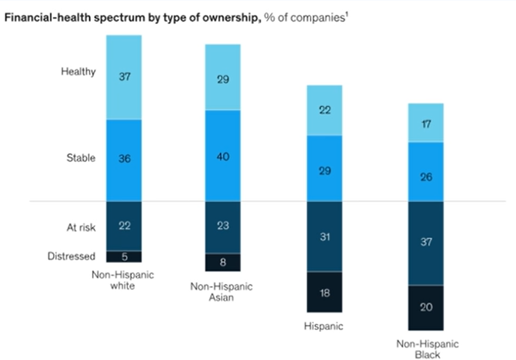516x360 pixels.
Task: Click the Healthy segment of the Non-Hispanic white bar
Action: pyautogui.click(x=124, y=77)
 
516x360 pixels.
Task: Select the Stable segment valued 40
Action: pyautogui.click(x=223, y=156)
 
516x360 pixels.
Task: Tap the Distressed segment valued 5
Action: pyautogui.click(x=124, y=256)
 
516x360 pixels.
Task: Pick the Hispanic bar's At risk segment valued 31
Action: pyautogui.click(x=324, y=237)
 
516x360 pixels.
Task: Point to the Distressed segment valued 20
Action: pyautogui.click(x=426, y=307)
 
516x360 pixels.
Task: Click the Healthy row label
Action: pyautogui.click(x=78, y=72)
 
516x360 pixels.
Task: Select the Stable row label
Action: pyautogui.click(x=81, y=158)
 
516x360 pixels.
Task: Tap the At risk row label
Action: pyautogui.click(x=81, y=227)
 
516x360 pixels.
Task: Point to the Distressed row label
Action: pyautogui.click(x=71, y=256)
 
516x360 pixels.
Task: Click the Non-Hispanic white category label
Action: pyautogui.click(x=122, y=280)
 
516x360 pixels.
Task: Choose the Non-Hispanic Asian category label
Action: pyautogui.click(x=221, y=292)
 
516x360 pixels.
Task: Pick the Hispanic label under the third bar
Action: pyautogui.click(x=323, y=326)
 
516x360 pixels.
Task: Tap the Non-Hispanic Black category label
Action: pyautogui.click(x=427, y=349)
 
